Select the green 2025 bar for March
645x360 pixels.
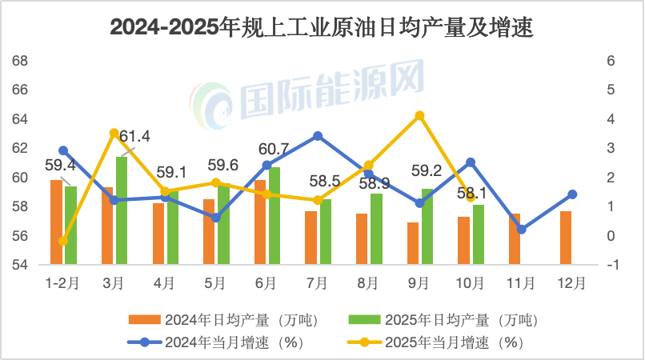click(122, 210)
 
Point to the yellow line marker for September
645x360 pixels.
click(419, 116)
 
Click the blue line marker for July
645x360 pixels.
click(318, 136)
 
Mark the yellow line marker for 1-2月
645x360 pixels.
click(63, 241)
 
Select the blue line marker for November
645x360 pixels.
click(522, 230)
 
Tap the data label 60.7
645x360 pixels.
click(274, 149)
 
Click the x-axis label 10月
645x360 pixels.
click(470, 282)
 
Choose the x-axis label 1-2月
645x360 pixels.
click(62, 282)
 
